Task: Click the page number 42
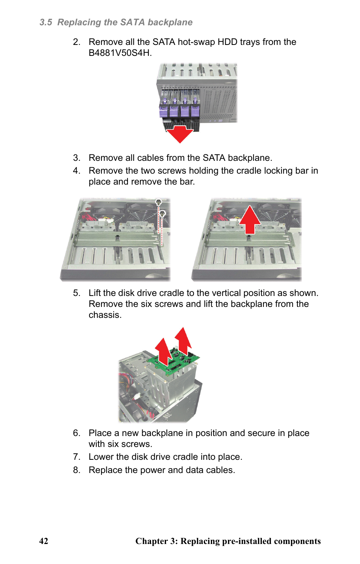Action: (44, 541)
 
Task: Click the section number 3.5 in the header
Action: (46, 22)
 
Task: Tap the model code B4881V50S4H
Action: (120, 53)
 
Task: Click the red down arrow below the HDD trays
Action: (180, 134)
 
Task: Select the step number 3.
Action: (76, 158)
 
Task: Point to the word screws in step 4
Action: (172, 171)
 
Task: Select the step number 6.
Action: (76, 433)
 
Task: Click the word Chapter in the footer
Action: (151, 541)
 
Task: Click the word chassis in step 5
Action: (105, 315)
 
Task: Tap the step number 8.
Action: (76, 470)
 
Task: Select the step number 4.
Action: (76, 171)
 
